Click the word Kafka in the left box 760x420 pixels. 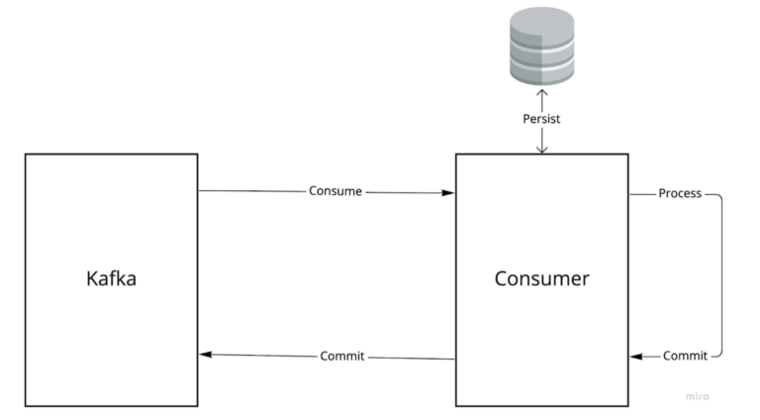click(110, 279)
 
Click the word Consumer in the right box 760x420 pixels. click(541, 279)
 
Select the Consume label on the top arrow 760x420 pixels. click(335, 191)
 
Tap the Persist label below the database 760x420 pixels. click(541, 119)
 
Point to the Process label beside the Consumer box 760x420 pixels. click(680, 193)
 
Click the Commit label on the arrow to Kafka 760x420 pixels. click(342, 356)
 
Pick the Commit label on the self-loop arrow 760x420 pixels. click(685, 356)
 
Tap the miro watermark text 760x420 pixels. click(698, 395)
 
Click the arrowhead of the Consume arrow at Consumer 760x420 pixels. click(450, 193)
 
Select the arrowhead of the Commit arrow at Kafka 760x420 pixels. click(204, 354)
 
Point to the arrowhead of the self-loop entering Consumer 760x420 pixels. click(635, 356)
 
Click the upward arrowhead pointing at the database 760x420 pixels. click(541, 92)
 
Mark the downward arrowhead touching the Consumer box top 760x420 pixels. click(541, 150)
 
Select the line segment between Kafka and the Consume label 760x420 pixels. click(252, 191)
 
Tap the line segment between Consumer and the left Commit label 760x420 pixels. click(411, 358)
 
